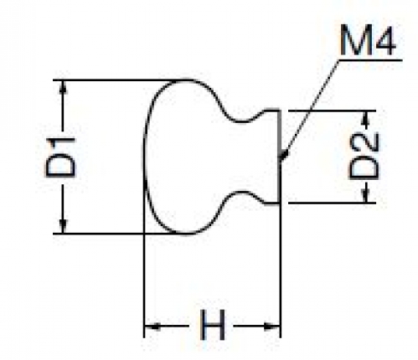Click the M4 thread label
(x=368, y=40)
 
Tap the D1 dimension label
(x=60, y=157)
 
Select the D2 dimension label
(x=364, y=156)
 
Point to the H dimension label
(x=213, y=326)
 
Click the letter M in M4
(x=354, y=40)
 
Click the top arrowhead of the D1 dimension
(x=64, y=87)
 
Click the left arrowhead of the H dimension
(x=152, y=326)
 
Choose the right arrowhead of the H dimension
(x=272, y=326)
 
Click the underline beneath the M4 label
(x=370, y=60)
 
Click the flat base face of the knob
(x=279, y=157)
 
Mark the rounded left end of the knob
(x=145, y=157)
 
